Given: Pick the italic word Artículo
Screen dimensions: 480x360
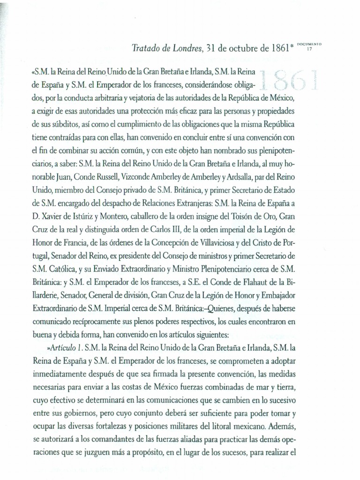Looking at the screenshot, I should pos(62,348).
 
